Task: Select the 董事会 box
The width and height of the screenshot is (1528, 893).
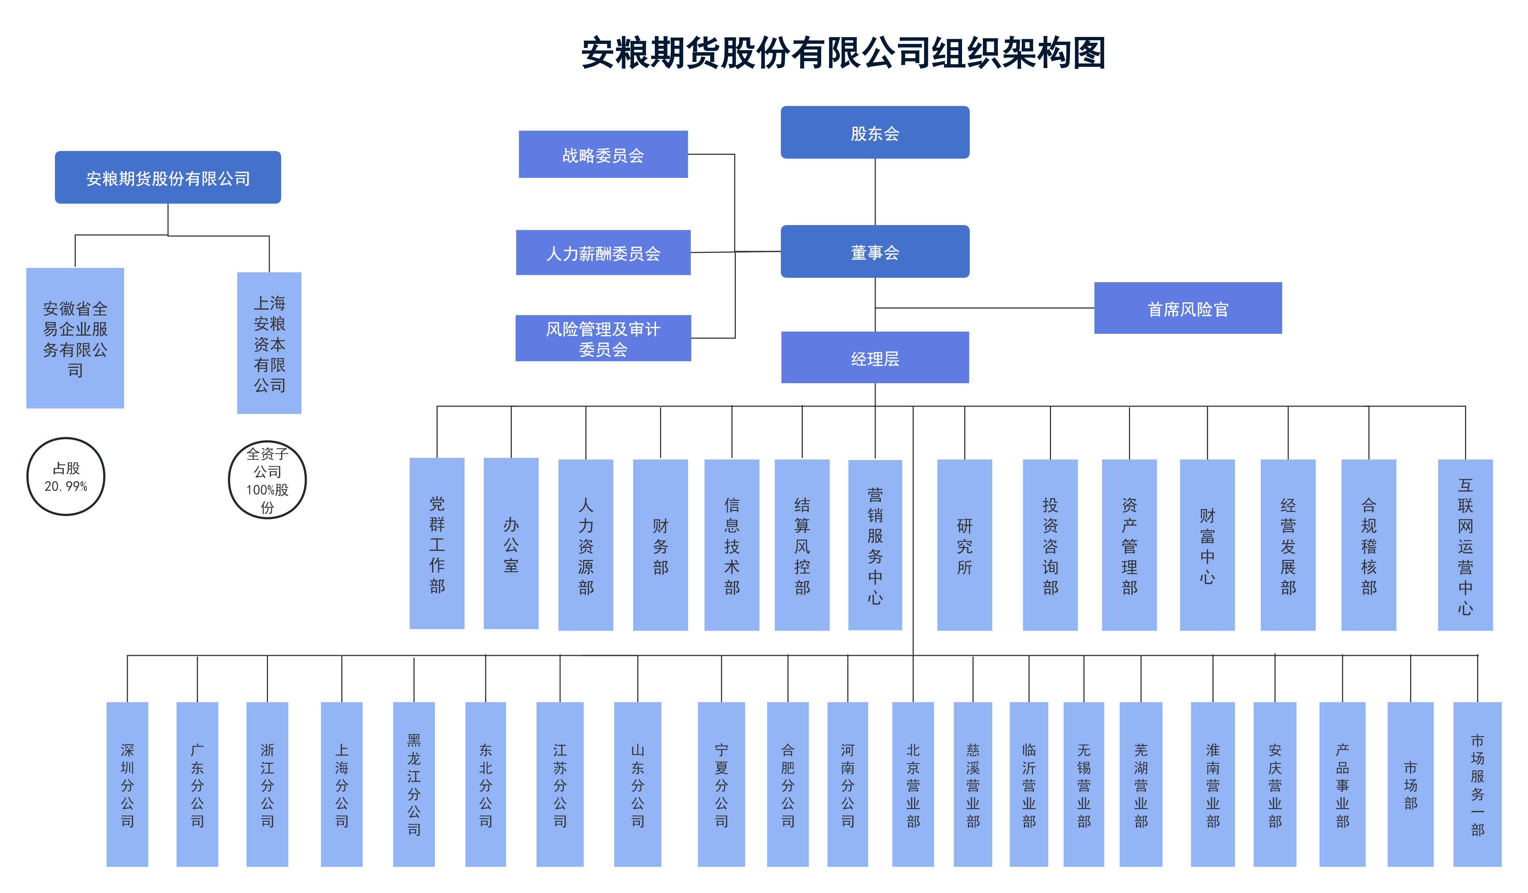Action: click(x=874, y=251)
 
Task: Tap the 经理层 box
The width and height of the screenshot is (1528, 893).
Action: click(x=874, y=358)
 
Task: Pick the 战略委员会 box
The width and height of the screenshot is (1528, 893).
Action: click(x=603, y=154)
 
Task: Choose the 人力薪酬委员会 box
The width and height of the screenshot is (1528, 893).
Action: click(x=603, y=252)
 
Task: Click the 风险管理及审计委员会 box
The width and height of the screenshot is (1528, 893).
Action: click(x=603, y=338)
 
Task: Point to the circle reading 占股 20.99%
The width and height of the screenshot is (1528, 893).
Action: click(x=66, y=477)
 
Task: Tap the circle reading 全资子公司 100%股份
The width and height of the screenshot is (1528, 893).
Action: click(x=267, y=479)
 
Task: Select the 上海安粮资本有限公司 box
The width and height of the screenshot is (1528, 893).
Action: click(x=269, y=343)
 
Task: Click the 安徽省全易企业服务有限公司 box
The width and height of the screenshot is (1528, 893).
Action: click(x=75, y=338)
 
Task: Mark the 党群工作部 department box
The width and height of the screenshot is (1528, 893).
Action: click(x=437, y=543)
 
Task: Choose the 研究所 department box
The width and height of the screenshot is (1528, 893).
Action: click(x=964, y=545)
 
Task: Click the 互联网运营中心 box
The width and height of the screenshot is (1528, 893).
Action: click(x=1465, y=545)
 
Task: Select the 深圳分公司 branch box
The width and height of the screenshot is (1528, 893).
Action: click(x=127, y=784)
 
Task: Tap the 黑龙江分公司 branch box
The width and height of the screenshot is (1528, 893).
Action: click(x=414, y=784)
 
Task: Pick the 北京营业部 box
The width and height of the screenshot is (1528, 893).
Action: click(x=913, y=784)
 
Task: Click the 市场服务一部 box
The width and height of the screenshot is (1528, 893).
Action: click(x=1477, y=784)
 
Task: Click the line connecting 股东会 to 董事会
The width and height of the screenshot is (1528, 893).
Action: click(x=874, y=191)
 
